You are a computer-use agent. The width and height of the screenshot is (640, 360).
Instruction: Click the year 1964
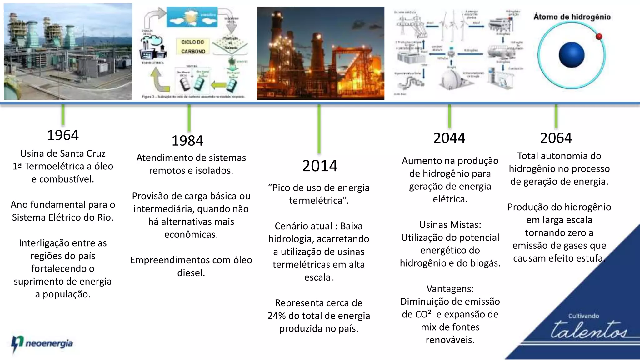63,135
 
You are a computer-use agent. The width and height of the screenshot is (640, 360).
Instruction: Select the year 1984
187,141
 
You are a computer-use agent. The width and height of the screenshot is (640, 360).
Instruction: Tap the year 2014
320,166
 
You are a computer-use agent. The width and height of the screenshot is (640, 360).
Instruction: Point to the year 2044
449,138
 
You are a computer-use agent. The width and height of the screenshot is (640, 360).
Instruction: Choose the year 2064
556,138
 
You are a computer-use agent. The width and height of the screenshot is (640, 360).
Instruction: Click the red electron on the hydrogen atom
599,37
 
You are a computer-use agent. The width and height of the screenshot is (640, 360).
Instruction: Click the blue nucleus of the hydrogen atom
572,55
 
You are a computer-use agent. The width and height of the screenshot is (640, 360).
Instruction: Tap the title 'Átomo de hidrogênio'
572,17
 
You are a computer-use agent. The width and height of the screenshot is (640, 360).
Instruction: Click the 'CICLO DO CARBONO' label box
193,47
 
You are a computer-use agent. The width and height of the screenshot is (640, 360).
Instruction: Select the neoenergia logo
42,344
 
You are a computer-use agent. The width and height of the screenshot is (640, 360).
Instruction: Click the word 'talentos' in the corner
589,330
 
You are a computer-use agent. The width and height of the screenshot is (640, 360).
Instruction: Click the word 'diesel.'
191,273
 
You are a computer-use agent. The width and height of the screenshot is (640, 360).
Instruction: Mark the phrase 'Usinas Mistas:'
450,225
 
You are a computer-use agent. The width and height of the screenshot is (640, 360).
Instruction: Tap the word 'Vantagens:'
450,289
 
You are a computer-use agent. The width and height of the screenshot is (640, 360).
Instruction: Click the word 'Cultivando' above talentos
583,316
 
